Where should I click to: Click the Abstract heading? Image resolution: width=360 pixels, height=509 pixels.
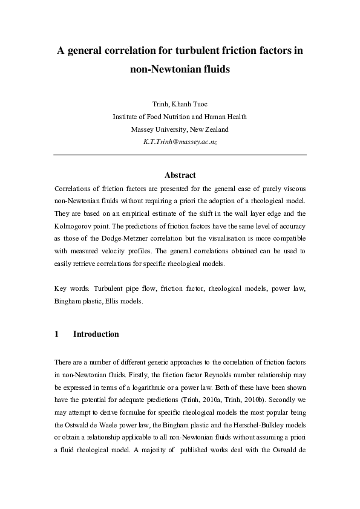tap(180, 175)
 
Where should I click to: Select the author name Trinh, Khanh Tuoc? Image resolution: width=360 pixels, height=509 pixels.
tap(180, 104)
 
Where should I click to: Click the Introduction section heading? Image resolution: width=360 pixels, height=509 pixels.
tap(96, 334)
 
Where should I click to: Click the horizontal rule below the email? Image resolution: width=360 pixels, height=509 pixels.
tap(180, 155)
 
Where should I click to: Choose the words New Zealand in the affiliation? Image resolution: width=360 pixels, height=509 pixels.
tap(209, 129)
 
